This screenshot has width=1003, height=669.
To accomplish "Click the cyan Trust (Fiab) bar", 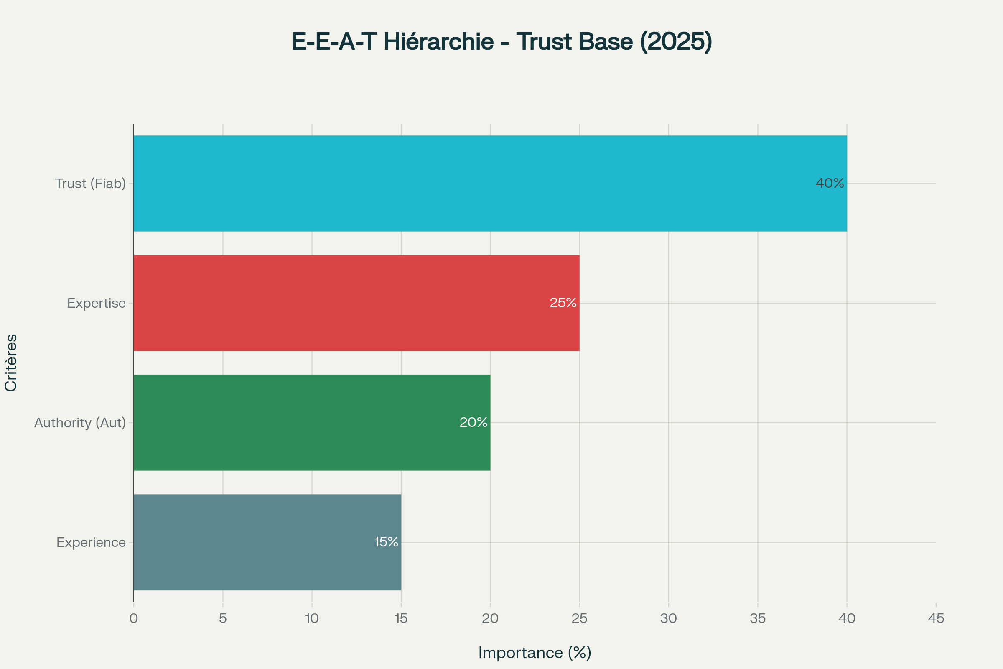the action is pos(490,184).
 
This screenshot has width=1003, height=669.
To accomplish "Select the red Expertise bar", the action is pos(356,303).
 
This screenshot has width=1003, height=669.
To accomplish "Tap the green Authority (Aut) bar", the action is pos(312,422).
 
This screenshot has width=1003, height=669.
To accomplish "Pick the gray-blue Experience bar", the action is pos(267,542).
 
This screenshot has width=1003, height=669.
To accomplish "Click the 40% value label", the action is pos(830,184).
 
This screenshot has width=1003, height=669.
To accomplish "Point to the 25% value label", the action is pos(563,303).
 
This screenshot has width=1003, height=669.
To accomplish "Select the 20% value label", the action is pos(473,422).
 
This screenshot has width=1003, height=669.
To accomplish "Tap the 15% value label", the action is pos(386,542).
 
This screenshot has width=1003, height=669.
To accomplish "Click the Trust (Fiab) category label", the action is pos(90,184).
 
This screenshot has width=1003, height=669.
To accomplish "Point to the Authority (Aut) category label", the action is pos(80,423).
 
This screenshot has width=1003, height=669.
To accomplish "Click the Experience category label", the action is pos(91,543).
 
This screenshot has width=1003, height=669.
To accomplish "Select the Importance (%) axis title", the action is pos(535,653).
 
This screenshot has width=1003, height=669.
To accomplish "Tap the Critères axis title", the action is pos(11,363).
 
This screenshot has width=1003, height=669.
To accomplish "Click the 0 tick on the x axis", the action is pos(133,619).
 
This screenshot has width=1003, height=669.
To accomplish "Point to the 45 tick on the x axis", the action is pos(936,619).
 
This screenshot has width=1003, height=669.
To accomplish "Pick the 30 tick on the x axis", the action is pos(669,619).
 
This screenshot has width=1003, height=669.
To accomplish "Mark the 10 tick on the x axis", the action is pos(312,619).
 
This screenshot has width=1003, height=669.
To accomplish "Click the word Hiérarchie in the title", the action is pos(438,41).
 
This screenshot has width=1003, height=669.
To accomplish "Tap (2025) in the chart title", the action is pos(676,42).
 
